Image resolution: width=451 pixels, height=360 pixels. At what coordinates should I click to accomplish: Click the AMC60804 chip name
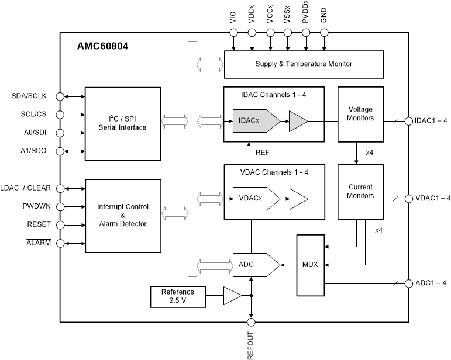click(102, 46)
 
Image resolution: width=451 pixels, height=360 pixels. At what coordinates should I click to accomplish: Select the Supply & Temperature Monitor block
click(304, 64)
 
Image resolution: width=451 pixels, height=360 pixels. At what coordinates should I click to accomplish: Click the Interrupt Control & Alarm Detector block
click(123, 215)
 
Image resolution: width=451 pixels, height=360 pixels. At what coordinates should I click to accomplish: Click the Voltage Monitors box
click(360, 114)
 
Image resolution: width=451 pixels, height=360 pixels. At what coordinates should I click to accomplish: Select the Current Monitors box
click(360, 192)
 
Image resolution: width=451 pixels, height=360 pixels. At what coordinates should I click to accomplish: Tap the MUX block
click(310, 265)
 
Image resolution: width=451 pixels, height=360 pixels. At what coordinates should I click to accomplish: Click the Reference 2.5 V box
click(178, 296)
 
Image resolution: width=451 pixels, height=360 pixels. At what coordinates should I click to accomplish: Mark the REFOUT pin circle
click(251, 322)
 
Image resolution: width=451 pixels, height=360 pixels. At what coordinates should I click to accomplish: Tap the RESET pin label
click(37, 224)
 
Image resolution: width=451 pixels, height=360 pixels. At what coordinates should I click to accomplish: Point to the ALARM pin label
click(37, 243)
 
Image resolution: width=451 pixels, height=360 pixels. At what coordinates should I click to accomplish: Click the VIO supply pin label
click(233, 18)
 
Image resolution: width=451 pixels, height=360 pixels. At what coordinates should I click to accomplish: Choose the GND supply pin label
click(323, 17)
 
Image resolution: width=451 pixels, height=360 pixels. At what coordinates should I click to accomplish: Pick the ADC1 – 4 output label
click(431, 283)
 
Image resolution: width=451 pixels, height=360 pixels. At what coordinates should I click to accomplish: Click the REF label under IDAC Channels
click(262, 153)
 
